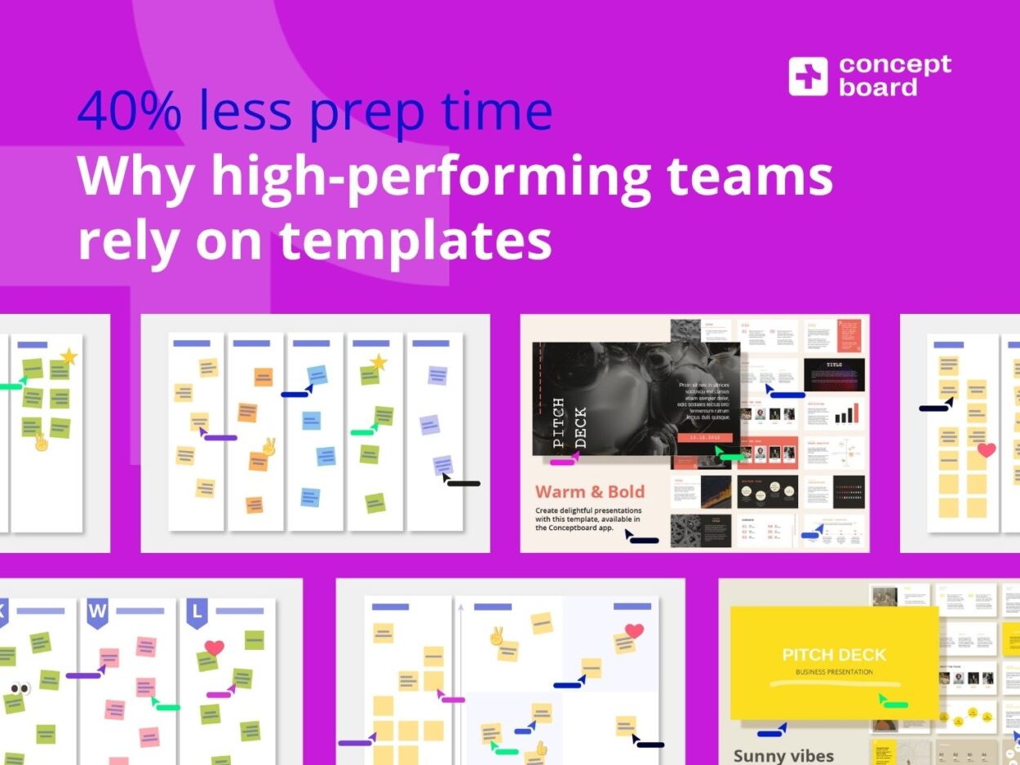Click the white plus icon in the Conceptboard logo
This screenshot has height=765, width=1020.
pyautogui.click(x=808, y=77)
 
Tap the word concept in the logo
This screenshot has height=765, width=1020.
pyautogui.click(x=894, y=65)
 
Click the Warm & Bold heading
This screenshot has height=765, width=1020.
pyautogui.click(x=589, y=492)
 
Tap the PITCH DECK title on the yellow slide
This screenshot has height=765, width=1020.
pyautogui.click(x=834, y=655)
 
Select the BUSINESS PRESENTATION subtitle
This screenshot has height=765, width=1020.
pyautogui.click(x=834, y=672)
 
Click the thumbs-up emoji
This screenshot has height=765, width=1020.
pyautogui.click(x=539, y=747)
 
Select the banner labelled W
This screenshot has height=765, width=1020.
pyautogui.click(x=98, y=612)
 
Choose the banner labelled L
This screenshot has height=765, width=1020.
pyautogui.click(x=197, y=612)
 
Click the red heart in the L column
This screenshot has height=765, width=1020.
pyautogui.click(x=214, y=648)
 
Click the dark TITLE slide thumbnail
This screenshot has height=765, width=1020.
pyautogui.click(x=834, y=374)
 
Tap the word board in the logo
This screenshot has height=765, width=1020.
pyautogui.click(x=878, y=87)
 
